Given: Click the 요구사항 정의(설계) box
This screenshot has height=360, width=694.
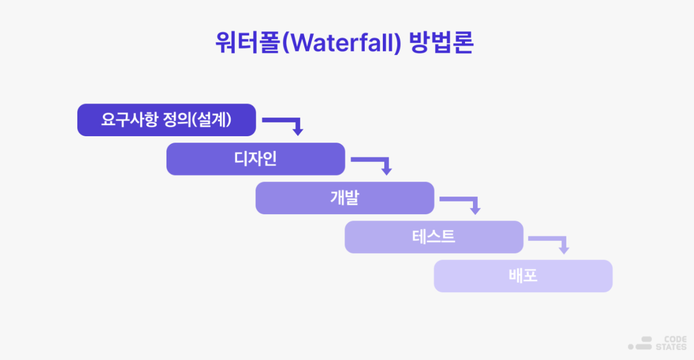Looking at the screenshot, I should (167, 120).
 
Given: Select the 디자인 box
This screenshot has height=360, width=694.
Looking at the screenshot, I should (256, 159).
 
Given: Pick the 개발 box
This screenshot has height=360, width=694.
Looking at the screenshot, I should (344, 198).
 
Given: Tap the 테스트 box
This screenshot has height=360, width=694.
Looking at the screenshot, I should (433, 237).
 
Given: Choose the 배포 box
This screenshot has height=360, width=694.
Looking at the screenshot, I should (523, 276).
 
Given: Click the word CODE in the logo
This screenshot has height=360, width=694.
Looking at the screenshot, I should (675, 340).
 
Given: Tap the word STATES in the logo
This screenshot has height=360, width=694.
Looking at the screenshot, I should (672, 347).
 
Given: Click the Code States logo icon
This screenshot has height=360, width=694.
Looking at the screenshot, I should (641, 343).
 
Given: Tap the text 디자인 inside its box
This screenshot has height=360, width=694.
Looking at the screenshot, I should (256, 159).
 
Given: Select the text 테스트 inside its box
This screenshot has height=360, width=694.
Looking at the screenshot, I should (433, 237).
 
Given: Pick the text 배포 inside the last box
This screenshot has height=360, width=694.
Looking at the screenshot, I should (523, 276).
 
